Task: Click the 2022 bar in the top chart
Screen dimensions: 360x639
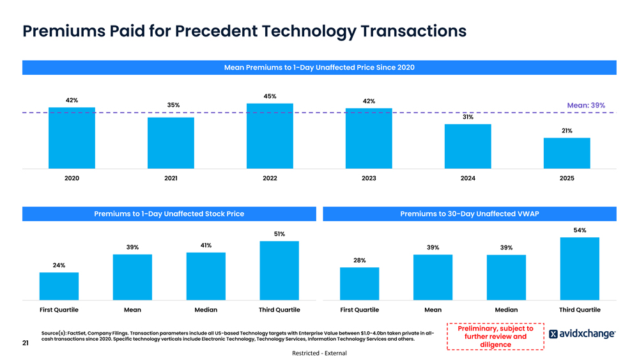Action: point(270,136)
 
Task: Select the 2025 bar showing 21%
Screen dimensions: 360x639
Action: point(567,153)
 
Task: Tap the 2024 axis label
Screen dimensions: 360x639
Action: point(468,178)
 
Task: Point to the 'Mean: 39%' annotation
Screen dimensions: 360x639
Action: point(586,106)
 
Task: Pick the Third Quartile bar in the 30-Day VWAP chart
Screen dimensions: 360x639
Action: point(580,268)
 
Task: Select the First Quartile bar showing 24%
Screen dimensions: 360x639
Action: point(59,286)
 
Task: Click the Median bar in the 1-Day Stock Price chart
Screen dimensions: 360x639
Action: point(206,276)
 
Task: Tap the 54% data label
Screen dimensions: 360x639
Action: point(580,230)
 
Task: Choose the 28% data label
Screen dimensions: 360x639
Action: point(360,260)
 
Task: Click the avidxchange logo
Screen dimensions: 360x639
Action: point(582,334)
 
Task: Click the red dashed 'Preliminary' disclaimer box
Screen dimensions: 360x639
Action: point(495,337)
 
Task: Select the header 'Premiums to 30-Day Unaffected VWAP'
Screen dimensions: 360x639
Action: point(470,214)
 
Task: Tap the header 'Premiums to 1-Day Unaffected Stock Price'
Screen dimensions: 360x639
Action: point(169,214)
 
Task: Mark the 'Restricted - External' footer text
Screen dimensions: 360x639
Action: point(319,353)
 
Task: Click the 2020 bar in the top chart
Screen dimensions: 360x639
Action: point(72,137)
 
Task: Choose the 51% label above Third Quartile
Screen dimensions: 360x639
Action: point(279,234)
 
